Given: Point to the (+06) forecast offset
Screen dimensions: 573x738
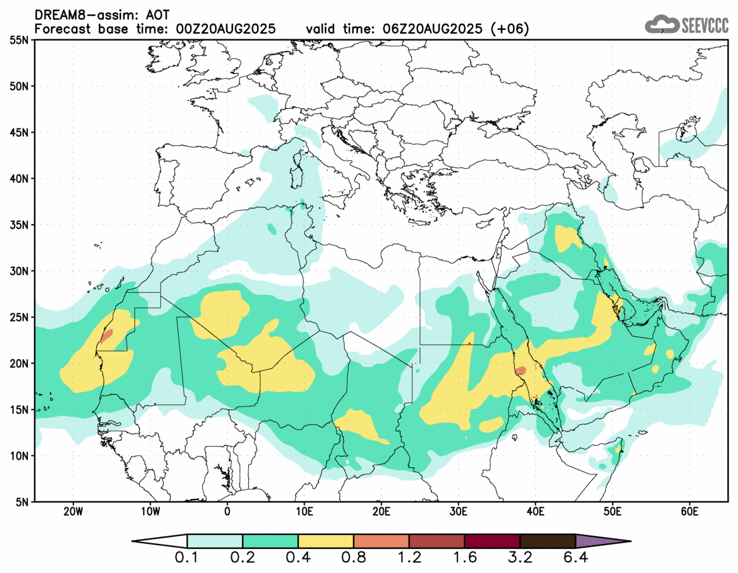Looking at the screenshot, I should (x=511, y=29).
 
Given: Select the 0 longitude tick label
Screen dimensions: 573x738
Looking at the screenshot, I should (x=227, y=512).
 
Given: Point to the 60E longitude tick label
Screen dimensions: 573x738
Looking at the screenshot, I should (x=689, y=512).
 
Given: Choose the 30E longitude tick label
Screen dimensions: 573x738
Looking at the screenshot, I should (x=458, y=512).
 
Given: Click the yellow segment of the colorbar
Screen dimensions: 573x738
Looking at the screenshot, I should (x=326, y=541).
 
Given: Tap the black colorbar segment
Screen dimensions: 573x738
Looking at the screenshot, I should (x=547, y=541).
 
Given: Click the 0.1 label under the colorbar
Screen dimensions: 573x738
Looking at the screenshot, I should (x=187, y=559).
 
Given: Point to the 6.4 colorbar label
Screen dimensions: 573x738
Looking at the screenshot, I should (x=575, y=559).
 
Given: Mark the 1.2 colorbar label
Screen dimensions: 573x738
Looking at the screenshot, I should (x=409, y=559).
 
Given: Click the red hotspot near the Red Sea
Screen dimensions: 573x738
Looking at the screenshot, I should (x=521, y=370).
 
